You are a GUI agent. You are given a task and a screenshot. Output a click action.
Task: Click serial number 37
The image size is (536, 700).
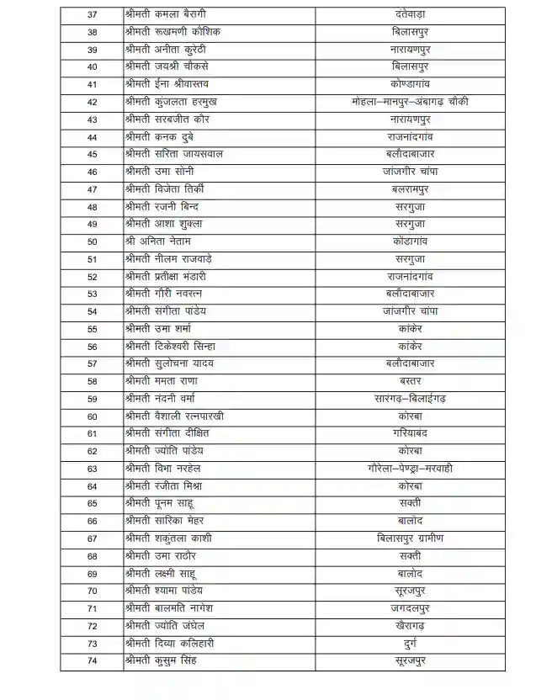[92, 14]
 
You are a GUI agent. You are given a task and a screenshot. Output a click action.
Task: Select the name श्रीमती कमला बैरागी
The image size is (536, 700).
[166, 14]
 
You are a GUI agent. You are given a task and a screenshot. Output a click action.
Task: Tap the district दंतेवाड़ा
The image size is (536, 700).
[410, 14]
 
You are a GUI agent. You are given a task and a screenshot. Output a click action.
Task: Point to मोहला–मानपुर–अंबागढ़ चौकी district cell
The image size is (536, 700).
[410, 101]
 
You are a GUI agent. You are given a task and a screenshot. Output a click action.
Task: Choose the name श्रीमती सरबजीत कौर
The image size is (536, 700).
[167, 119]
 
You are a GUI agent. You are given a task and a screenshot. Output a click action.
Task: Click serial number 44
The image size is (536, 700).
[92, 136]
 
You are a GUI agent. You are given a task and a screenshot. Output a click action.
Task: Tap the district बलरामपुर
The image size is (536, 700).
[410, 188]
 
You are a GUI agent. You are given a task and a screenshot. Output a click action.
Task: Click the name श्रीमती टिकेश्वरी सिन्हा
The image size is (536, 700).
[169, 346]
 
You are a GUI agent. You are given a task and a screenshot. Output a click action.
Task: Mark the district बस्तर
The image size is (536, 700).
[410, 380]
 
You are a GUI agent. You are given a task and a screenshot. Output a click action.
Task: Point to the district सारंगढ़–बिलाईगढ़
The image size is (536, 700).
[410, 398]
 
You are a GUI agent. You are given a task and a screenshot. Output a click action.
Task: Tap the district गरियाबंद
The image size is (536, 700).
[410, 433]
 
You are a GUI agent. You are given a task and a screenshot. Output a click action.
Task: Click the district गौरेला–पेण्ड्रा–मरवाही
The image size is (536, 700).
[410, 468]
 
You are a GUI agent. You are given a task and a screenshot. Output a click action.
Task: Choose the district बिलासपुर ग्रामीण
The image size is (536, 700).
[410, 538]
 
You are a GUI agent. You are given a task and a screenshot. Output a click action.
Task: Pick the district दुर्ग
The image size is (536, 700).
[410, 643]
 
